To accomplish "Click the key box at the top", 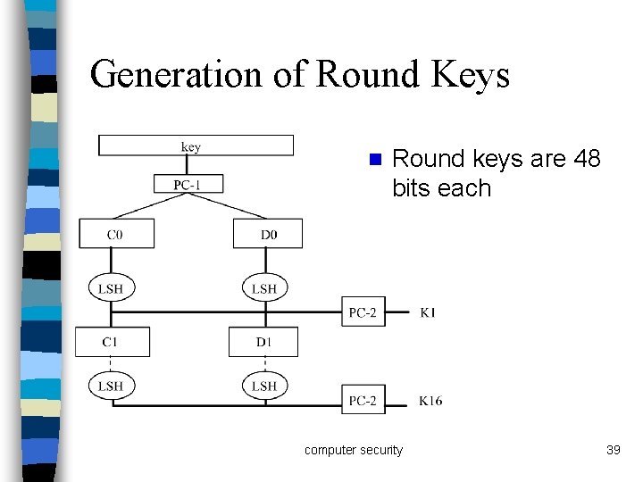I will coord(196,145).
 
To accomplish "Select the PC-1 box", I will coord(188,184).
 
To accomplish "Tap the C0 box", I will coord(116,234).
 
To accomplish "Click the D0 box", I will coord(268,234).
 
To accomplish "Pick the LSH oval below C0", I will coord(111,287).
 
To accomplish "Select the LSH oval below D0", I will coord(264,287).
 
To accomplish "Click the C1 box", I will coord(112,342).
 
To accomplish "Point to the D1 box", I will coord(263,342).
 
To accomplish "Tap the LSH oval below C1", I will coord(111,386).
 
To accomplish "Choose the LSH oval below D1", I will coord(264,386).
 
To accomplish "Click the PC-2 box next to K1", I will coord(363,312).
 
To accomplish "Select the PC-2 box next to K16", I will coord(363,400).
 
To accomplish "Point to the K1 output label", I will coord(428,312).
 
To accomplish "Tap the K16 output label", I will coord(430,401).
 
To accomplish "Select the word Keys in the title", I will coord(471,74).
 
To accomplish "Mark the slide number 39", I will coord(613,450).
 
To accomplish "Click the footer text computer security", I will coord(354,450).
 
